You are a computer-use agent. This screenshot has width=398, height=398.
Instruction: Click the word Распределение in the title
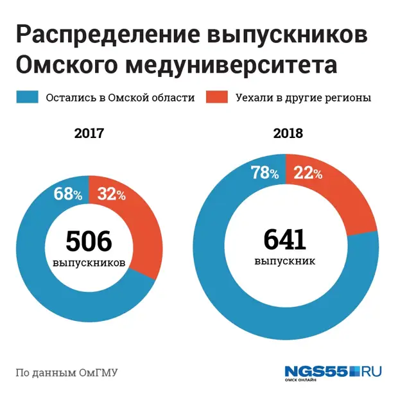[x=105, y=37]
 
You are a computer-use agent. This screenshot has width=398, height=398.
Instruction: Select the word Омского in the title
[x=65, y=66]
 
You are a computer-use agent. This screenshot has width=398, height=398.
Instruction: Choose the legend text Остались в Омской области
[x=119, y=98]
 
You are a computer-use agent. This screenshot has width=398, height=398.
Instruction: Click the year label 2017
[x=89, y=134]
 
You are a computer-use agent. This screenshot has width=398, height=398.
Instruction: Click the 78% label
[x=264, y=172]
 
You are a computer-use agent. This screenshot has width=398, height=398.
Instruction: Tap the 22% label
[x=308, y=172]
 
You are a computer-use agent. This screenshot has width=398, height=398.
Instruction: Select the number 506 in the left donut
[x=89, y=241]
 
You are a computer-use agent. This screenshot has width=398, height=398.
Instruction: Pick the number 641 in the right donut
[x=285, y=240]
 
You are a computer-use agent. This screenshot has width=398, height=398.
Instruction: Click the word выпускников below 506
[x=89, y=263]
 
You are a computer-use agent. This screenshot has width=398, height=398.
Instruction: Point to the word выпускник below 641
[x=285, y=262]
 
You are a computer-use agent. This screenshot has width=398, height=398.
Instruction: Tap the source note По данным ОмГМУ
[x=66, y=372]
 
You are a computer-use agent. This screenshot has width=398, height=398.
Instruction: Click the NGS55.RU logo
[x=333, y=372]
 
